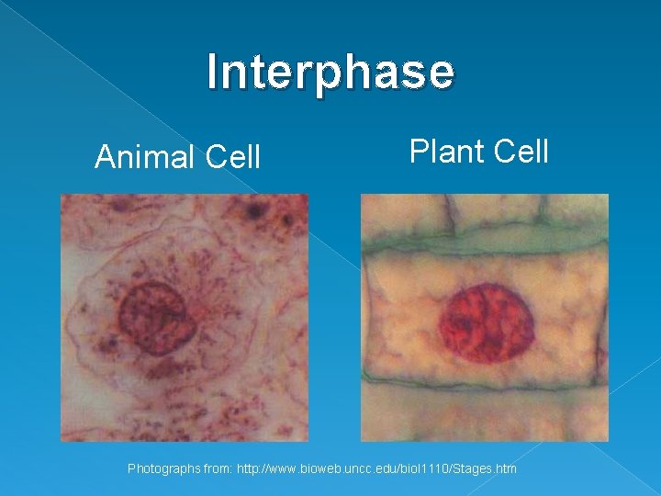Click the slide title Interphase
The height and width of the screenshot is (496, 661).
pos(330,72)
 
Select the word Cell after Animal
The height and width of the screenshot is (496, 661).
pos(233,157)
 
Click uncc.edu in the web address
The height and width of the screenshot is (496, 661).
pos(376,469)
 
